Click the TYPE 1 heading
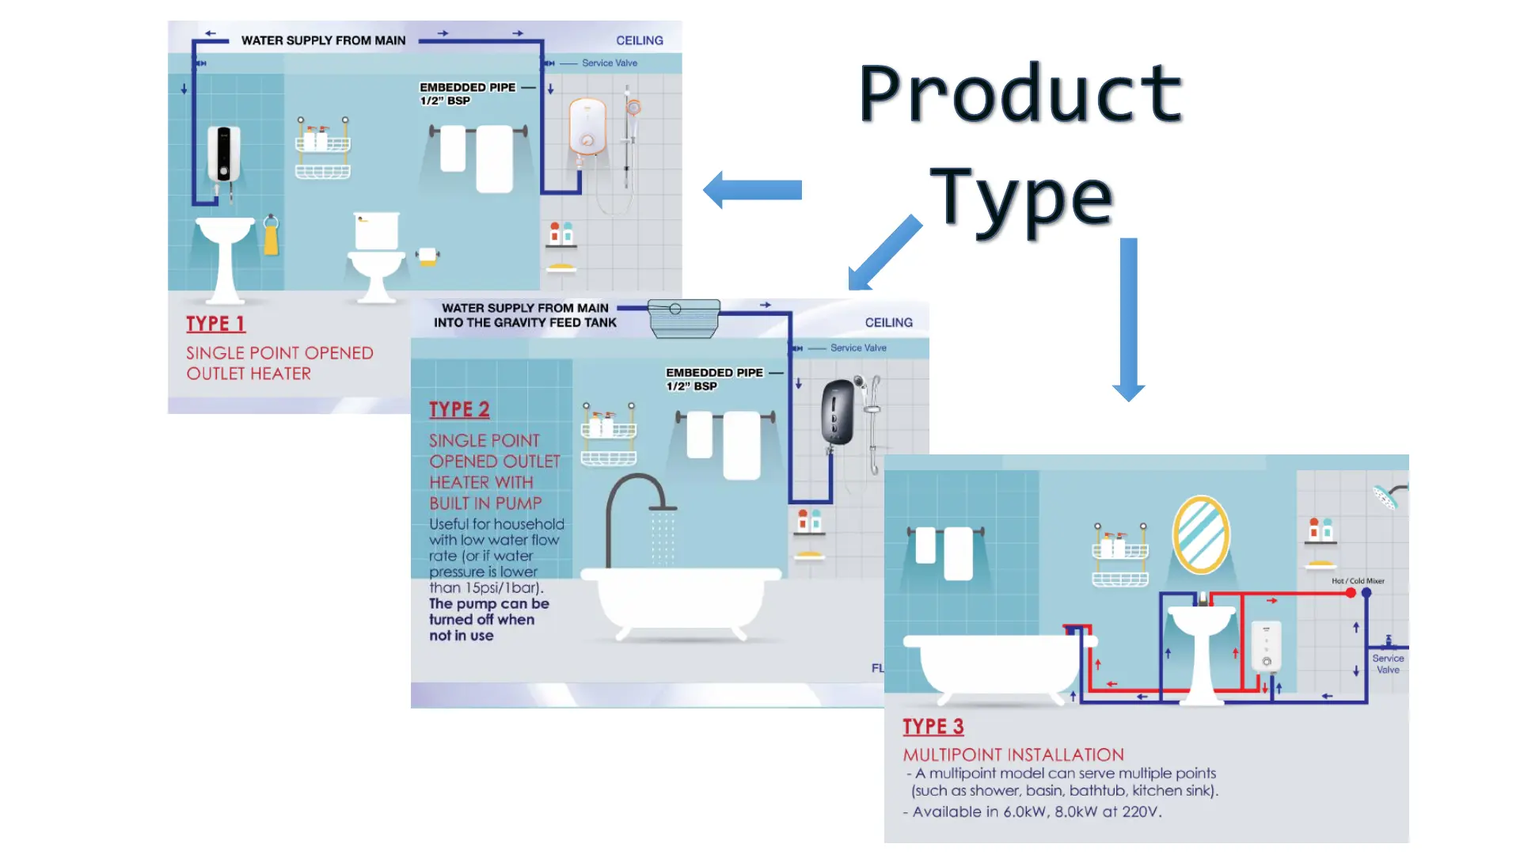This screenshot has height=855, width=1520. tap(215, 324)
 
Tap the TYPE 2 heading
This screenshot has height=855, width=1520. tap(459, 409)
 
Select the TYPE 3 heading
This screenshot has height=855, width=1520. tap(933, 727)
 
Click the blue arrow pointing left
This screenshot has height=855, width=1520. tap(753, 190)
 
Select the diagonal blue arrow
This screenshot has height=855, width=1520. tap(884, 253)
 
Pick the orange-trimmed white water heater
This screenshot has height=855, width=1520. tap(587, 127)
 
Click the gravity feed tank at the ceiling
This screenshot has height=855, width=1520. tap(683, 317)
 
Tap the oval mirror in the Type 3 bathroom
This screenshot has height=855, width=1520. tap(1201, 534)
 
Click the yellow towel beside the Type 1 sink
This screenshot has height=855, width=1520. tap(271, 237)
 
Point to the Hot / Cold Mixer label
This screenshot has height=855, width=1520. tap(1358, 581)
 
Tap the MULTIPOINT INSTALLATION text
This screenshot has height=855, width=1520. tap(1013, 755)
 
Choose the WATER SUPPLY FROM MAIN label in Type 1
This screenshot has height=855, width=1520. tap(323, 40)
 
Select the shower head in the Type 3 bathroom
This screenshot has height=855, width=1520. tap(1388, 496)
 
